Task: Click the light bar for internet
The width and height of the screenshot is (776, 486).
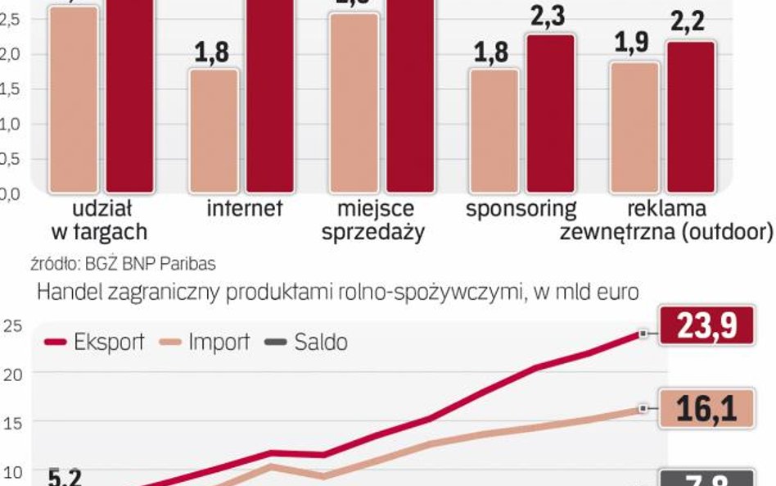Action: pos(215,131)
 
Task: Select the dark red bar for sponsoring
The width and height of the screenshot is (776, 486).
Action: pos(551,114)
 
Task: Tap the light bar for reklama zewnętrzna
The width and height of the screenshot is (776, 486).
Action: pos(634,127)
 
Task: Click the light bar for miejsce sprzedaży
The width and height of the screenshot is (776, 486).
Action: pos(354,102)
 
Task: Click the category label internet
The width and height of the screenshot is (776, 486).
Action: pos(244,208)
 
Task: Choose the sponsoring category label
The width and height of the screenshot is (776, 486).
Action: pos(521,208)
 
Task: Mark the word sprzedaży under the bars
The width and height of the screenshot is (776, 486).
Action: pos(372,232)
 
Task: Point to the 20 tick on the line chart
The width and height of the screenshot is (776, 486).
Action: pos(12,373)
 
